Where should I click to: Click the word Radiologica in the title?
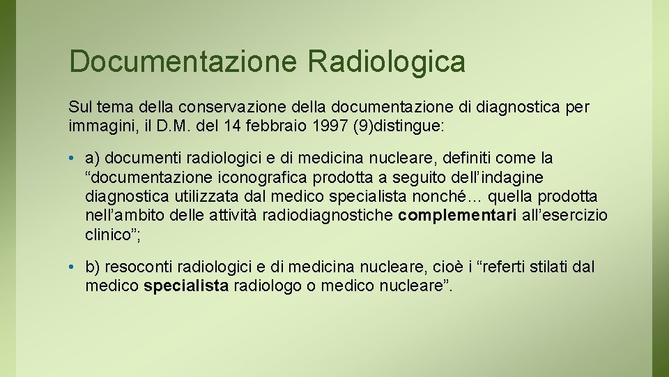(386, 61)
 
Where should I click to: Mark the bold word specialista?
(186, 286)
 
